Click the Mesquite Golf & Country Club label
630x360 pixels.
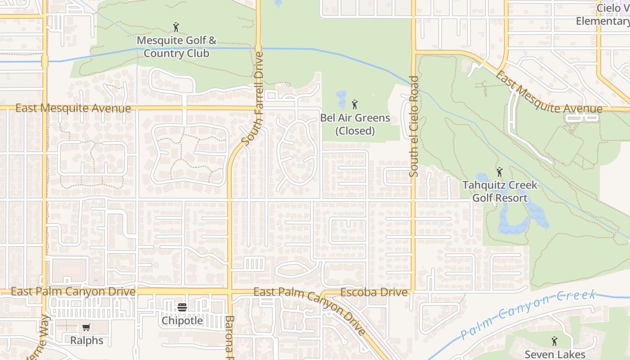click(x=176, y=47)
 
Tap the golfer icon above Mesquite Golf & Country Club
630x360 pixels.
click(x=176, y=27)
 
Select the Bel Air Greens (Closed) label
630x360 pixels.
click(x=355, y=124)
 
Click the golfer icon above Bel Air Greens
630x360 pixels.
click(x=355, y=105)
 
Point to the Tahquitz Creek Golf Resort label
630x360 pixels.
click(x=499, y=191)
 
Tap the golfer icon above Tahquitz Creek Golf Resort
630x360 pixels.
click(x=499, y=172)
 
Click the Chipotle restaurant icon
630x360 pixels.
click(x=182, y=308)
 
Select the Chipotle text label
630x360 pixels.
click(x=182, y=321)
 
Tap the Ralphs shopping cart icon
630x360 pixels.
click(x=86, y=328)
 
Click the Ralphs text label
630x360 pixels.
click(x=87, y=341)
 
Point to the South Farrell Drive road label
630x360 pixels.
click(x=252, y=99)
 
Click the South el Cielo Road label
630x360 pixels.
click(x=414, y=126)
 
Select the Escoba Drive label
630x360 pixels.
click(x=374, y=292)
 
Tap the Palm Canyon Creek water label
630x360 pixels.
click(x=529, y=315)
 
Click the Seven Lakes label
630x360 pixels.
click(x=554, y=355)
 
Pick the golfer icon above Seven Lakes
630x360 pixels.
click(x=554, y=342)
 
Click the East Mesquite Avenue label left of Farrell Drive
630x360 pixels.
click(x=73, y=108)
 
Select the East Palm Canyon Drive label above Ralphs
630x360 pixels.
click(x=73, y=292)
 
